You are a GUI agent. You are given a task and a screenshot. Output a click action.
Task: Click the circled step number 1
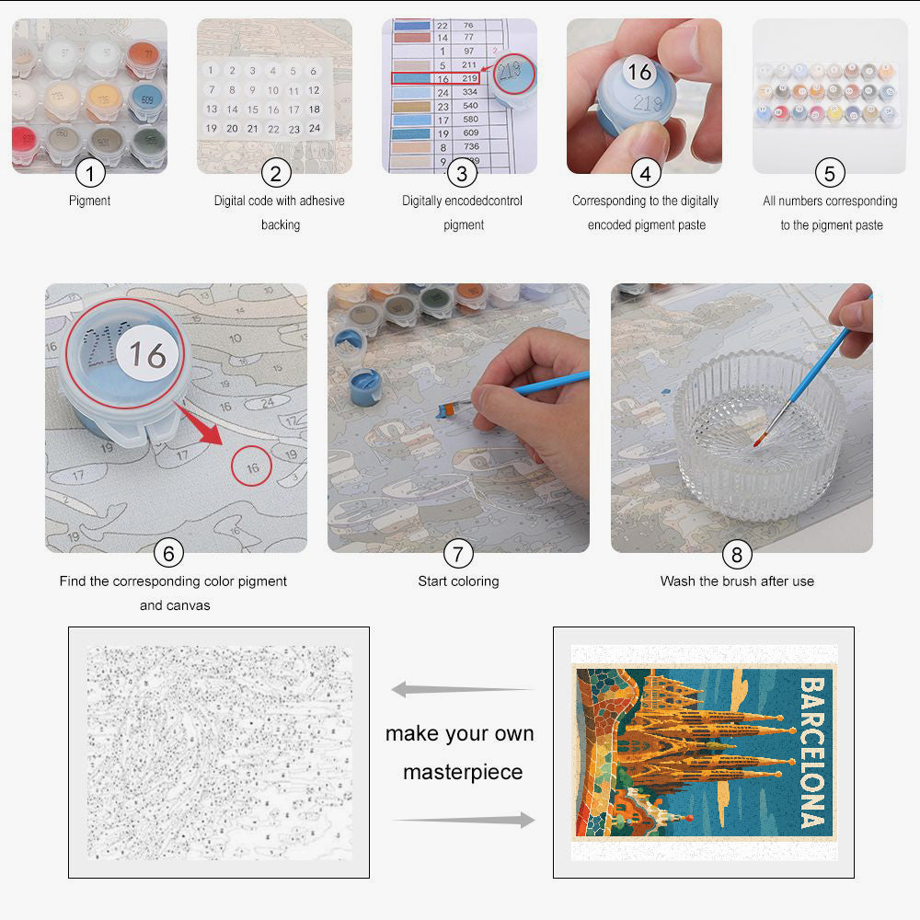point(89,172)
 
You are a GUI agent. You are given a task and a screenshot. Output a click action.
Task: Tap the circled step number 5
point(830,172)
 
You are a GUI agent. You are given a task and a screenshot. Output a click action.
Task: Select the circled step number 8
point(737,553)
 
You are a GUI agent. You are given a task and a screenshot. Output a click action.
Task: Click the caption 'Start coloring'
point(458,581)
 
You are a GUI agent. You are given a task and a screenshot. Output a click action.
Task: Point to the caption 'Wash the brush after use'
point(737,581)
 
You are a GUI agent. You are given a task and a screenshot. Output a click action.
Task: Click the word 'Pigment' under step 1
point(89,201)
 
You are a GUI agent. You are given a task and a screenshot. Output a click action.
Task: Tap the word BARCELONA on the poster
point(811,753)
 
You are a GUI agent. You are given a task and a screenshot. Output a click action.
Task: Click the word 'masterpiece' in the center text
point(462,772)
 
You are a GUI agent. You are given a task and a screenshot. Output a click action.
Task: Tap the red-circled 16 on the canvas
point(252,467)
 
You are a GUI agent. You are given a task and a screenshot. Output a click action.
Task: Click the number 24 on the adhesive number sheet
point(314,129)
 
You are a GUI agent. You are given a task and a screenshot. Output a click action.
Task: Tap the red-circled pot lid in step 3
point(510,75)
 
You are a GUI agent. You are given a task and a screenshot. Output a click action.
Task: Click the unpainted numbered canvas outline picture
point(219,753)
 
